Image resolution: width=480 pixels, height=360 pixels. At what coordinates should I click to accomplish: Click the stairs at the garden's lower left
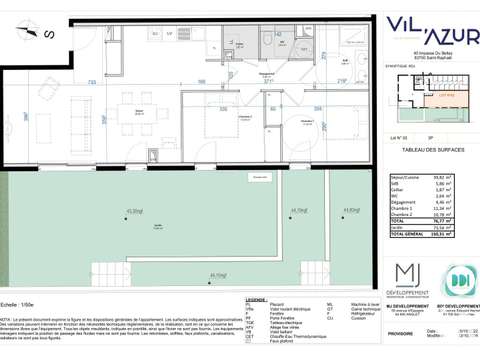(x=113, y=269)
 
